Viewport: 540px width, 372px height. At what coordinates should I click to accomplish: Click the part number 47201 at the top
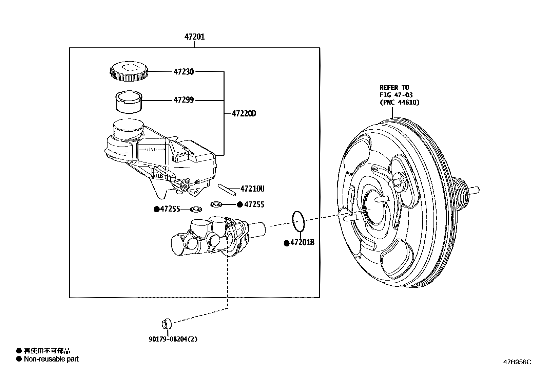click(x=194, y=37)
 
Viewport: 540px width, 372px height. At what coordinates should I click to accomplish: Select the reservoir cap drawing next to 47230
click(x=129, y=72)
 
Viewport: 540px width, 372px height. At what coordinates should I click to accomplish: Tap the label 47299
click(x=184, y=100)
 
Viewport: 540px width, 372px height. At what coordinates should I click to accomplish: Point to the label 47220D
click(x=244, y=114)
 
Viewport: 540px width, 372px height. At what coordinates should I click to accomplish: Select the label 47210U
click(x=252, y=189)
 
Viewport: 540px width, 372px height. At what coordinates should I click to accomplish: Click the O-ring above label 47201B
click(x=298, y=221)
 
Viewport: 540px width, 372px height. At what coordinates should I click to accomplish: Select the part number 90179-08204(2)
click(x=173, y=339)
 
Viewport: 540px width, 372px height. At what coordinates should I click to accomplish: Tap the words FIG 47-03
click(x=396, y=95)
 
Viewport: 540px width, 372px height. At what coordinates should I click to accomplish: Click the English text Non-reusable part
click(x=51, y=359)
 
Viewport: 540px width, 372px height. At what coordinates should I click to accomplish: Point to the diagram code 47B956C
click(x=517, y=362)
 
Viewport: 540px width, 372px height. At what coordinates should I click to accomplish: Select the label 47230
click(x=184, y=72)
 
